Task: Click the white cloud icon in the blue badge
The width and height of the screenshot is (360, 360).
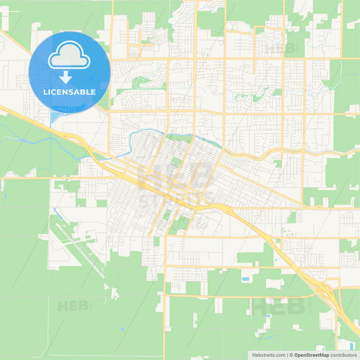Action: click(69, 58)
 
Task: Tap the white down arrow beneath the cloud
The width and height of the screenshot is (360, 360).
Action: click(69, 77)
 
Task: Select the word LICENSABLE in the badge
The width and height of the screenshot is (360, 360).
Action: click(69, 91)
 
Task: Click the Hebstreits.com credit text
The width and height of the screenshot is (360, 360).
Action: click(268, 354)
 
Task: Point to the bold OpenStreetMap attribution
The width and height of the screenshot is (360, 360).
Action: click(316, 354)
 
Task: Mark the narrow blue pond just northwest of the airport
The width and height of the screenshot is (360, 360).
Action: click(56, 213)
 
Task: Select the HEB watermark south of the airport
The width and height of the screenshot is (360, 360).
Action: click(74, 305)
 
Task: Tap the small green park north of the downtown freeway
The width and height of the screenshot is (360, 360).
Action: click(176, 161)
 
